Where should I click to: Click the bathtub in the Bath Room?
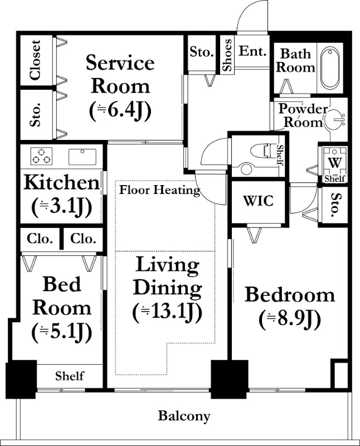point(330,68)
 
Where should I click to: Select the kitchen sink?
point(82,157)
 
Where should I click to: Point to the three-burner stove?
point(41,157)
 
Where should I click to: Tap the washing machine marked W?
point(335,162)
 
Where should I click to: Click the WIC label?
point(258,201)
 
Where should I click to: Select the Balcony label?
point(184,416)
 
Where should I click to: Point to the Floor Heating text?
point(159,190)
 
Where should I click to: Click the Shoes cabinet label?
point(227,55)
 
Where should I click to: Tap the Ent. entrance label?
point(252,51)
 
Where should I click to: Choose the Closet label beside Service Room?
point(36,60)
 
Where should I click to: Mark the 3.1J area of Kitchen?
point(62,207)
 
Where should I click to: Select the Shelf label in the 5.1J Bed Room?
point(70,376)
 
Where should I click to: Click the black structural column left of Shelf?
point(21,379)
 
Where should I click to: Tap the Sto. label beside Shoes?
point(202,52)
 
